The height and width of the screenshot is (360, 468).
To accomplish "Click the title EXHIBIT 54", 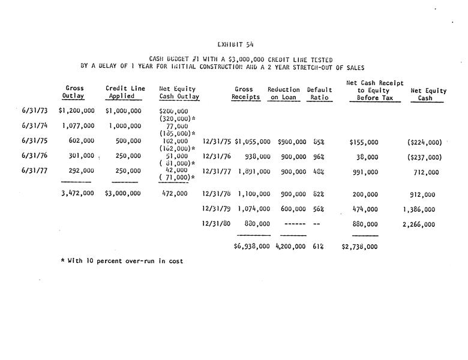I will tap(233, 44).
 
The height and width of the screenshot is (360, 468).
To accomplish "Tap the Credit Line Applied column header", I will tap(125, 92).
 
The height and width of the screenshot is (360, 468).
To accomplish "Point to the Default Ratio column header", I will tap(319, 93).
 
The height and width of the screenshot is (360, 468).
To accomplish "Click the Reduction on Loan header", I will tap(284, 93).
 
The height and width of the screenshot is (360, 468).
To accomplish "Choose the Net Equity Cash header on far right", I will tap(428, 94).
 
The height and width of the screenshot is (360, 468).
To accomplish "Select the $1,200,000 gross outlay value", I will tap(77, 111).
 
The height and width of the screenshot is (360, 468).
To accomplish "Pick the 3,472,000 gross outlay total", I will tap(77, 194).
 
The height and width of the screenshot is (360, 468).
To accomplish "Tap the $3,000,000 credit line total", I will tap(123, 194).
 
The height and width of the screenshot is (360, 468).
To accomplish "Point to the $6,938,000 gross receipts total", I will tap(251, 246).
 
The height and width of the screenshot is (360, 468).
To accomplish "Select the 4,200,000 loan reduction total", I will tap(291, 246).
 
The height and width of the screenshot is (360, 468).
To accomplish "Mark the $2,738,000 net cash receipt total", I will tap(359, 246).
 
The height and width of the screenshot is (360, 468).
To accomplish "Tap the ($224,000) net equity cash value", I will tap(424, 142).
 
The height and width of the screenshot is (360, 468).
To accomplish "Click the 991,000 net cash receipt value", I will tap(365, 172).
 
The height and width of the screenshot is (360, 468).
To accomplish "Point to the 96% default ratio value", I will tap(318, 157).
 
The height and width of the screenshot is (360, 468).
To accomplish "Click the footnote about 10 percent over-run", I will tap(122, 261).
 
